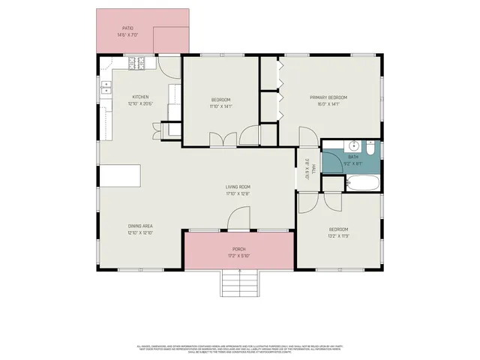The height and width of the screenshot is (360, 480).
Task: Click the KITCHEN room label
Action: [x=140, y=97]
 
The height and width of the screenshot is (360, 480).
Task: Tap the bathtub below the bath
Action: [x=363, y=182]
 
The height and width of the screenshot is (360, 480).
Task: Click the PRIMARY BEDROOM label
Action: [x=328, y=97]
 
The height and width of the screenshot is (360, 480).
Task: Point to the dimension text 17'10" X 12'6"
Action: [x=238, y=194]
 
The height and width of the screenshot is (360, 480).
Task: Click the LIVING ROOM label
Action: [x=238, y=187]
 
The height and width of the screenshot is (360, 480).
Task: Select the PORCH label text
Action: [x=238, y=249]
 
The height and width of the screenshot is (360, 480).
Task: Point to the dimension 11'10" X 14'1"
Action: [x=220, y=106]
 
